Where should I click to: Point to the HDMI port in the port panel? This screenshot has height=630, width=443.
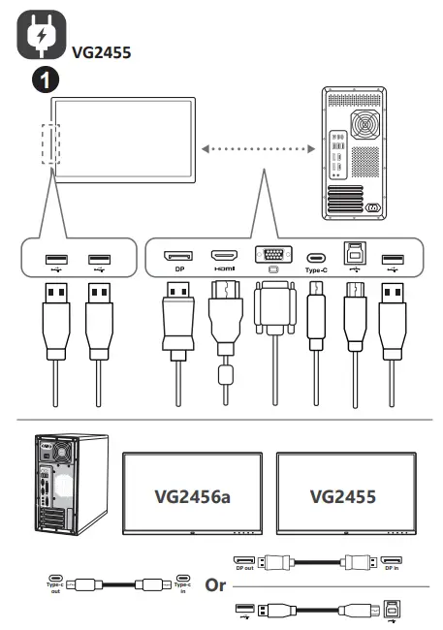pyautogui.click(x=224, y=256)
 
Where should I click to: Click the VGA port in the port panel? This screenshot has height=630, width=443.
pyautogui.click(x=269, y=255)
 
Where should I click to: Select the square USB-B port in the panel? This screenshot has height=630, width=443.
pyautogui.click(x=354, y=255)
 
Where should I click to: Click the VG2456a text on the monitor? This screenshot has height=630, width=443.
pyautogui.click(x=192, y=496)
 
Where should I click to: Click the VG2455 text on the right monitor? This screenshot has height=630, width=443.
pyautogui.click(x=344, y=496)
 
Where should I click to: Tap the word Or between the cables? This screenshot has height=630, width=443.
pyautogui.click(x=216, y=586)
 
